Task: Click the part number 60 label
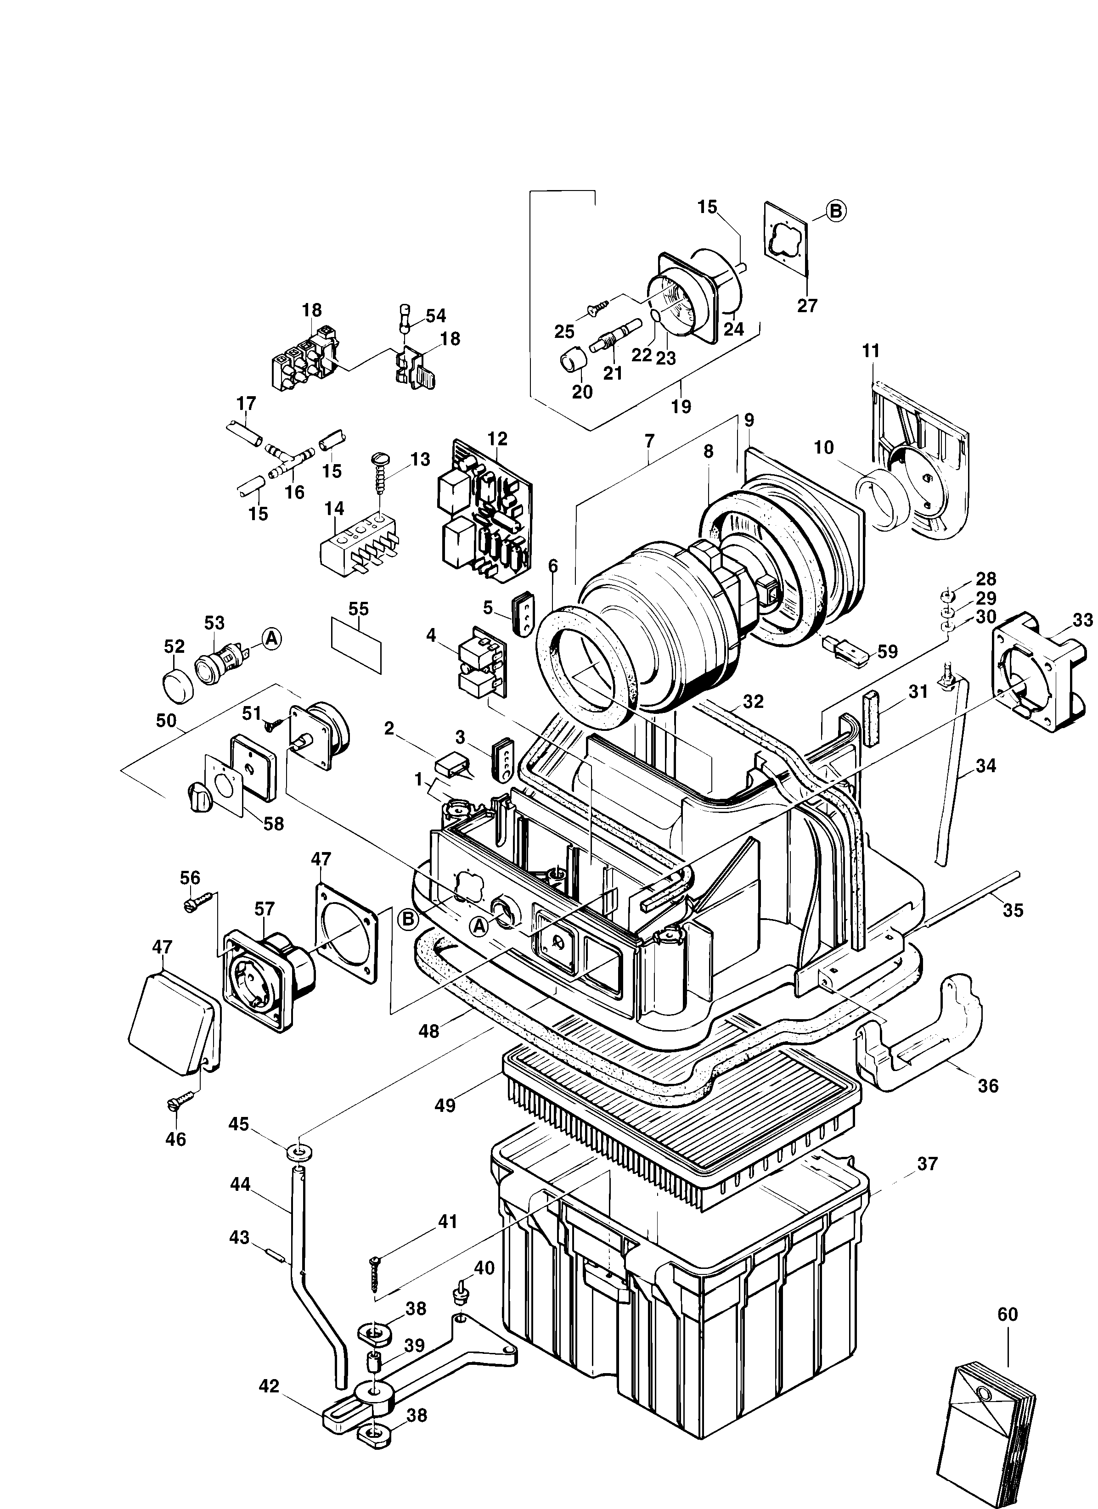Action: click(x=1008, y=1315)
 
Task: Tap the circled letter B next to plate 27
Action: click(x=835, y=211)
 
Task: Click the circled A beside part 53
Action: click(x=271, y=639)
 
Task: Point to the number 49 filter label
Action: click(x=445, y=1105)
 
